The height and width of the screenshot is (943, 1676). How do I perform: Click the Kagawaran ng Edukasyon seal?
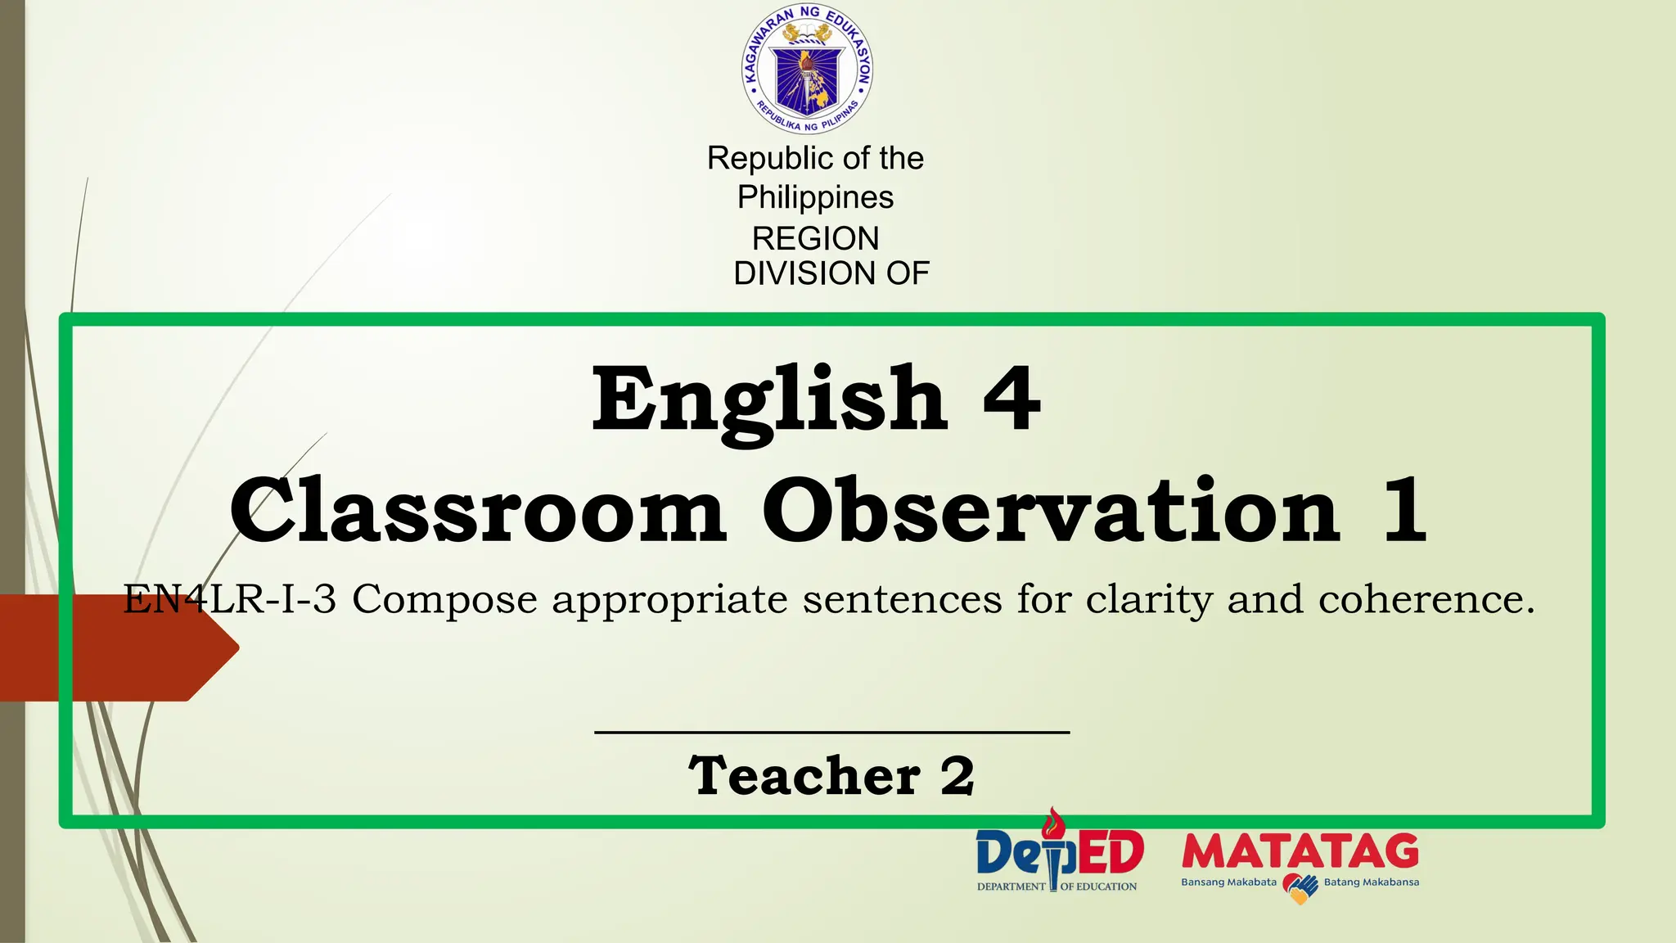[x=807, y=69]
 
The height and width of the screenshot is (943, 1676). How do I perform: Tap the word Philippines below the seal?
[x=815, y=197]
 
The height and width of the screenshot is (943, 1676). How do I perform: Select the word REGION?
[x=815, y=238]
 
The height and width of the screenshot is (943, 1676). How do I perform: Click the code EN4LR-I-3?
[x=230, y=599]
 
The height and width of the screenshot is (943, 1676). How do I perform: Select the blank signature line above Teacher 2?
[x=831, y=732]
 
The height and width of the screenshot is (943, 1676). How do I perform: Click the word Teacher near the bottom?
[x=804, y=776]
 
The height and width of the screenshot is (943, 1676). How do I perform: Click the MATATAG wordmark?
[x=1300, y=852]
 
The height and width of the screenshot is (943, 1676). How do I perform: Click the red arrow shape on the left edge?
[x=115, y=647]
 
